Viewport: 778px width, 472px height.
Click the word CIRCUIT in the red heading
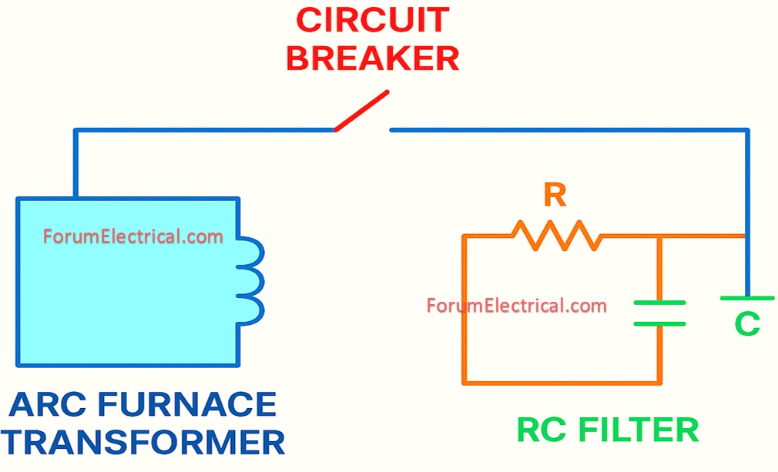point(372,21)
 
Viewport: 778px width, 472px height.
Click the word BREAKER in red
point(372,59)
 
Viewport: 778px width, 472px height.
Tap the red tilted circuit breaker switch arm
point(361,111)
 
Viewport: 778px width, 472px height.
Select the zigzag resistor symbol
point(556,235)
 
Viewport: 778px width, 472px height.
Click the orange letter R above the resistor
point(555,196)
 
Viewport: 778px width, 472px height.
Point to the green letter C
point(746,324)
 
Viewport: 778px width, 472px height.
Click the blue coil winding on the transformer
point(252,280)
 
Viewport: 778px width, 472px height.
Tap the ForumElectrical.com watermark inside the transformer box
point(133,236)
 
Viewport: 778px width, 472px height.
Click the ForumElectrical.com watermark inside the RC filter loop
point(516,306)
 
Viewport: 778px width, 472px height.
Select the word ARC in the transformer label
point(51,405)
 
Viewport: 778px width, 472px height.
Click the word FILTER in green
point(639,430)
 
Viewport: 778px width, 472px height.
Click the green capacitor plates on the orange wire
point(659,313)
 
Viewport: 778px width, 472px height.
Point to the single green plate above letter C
point(746,298)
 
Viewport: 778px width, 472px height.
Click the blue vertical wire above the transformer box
point(75,163)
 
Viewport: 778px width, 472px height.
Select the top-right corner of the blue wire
point(746,131)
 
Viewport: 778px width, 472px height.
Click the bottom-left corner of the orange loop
point(464,382)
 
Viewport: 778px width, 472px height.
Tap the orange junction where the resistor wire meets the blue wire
point(744,236)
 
